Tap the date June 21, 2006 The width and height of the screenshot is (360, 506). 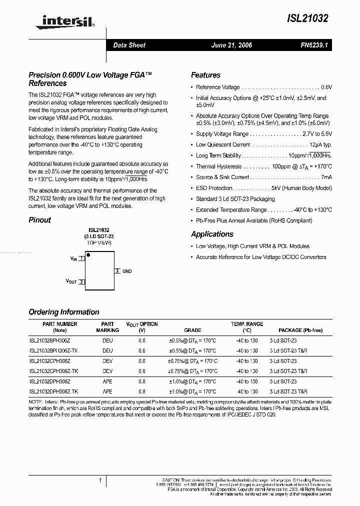232,45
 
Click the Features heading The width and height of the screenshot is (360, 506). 205,75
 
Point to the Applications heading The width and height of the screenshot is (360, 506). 212,234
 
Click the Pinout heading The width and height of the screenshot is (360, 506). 40,220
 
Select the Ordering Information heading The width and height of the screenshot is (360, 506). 64,312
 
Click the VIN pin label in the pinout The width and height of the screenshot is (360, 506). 73,258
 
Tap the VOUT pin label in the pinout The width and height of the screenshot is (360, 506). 71,281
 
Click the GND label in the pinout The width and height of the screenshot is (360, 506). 127,271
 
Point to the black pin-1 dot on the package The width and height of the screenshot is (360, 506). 88,255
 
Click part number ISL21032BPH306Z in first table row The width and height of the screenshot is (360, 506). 50,340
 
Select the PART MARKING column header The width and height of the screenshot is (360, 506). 107,327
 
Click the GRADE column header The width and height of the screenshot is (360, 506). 192,330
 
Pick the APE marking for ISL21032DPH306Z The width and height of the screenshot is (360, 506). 107,381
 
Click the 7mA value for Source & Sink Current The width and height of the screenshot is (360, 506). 326,177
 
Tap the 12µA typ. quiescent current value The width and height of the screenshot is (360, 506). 320,144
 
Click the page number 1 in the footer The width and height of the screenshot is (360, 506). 100,481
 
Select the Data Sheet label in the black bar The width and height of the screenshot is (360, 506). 129,45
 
